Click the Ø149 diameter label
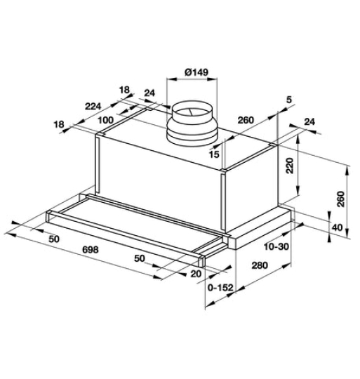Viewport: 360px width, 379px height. coord(197,72)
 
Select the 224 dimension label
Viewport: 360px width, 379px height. coord(94,107)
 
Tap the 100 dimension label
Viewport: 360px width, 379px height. coord(107,120)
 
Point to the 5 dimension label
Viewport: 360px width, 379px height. coord(289,101)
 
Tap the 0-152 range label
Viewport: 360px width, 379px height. coord(221,288)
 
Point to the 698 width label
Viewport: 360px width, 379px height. coord(89,250)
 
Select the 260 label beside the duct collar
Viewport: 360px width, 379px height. coord(245,120)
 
